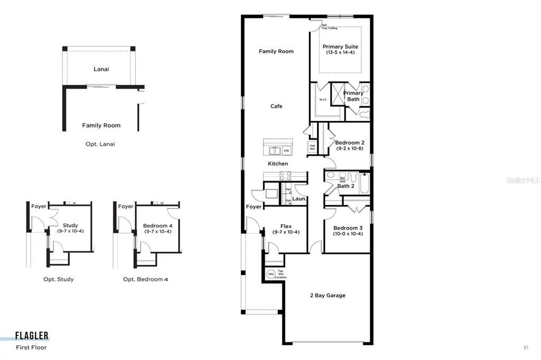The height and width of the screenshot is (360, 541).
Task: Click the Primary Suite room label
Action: [340, 46]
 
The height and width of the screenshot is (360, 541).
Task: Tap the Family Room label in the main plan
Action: [276, 51]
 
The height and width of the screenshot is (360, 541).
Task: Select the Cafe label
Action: [276, 106]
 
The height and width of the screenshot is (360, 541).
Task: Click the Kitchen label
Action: [278, 164]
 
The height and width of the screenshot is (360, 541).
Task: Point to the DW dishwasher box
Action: [286, 151]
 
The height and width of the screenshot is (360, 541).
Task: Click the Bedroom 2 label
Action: [349, 143]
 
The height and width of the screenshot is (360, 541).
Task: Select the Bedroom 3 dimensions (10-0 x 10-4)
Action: [348, 234]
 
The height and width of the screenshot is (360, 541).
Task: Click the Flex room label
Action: [286, 226]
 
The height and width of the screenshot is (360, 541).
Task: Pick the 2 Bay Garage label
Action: [328, 295]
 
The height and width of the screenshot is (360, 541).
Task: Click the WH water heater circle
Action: [271, 274]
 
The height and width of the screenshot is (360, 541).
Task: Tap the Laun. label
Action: [299, 199]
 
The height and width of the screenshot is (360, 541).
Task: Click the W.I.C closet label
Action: [323, 100]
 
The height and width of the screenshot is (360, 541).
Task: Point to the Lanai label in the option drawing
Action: [101, 69]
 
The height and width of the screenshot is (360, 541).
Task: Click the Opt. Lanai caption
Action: [100, 144]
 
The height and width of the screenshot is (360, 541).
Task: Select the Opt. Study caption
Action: [59, 279]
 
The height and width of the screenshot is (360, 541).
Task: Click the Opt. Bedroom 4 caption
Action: [145, 279]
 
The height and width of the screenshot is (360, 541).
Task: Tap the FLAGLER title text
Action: [32, 336]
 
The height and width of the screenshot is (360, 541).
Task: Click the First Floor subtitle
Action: [31, 347]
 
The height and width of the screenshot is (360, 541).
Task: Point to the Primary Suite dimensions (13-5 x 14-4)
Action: [340, 53]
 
